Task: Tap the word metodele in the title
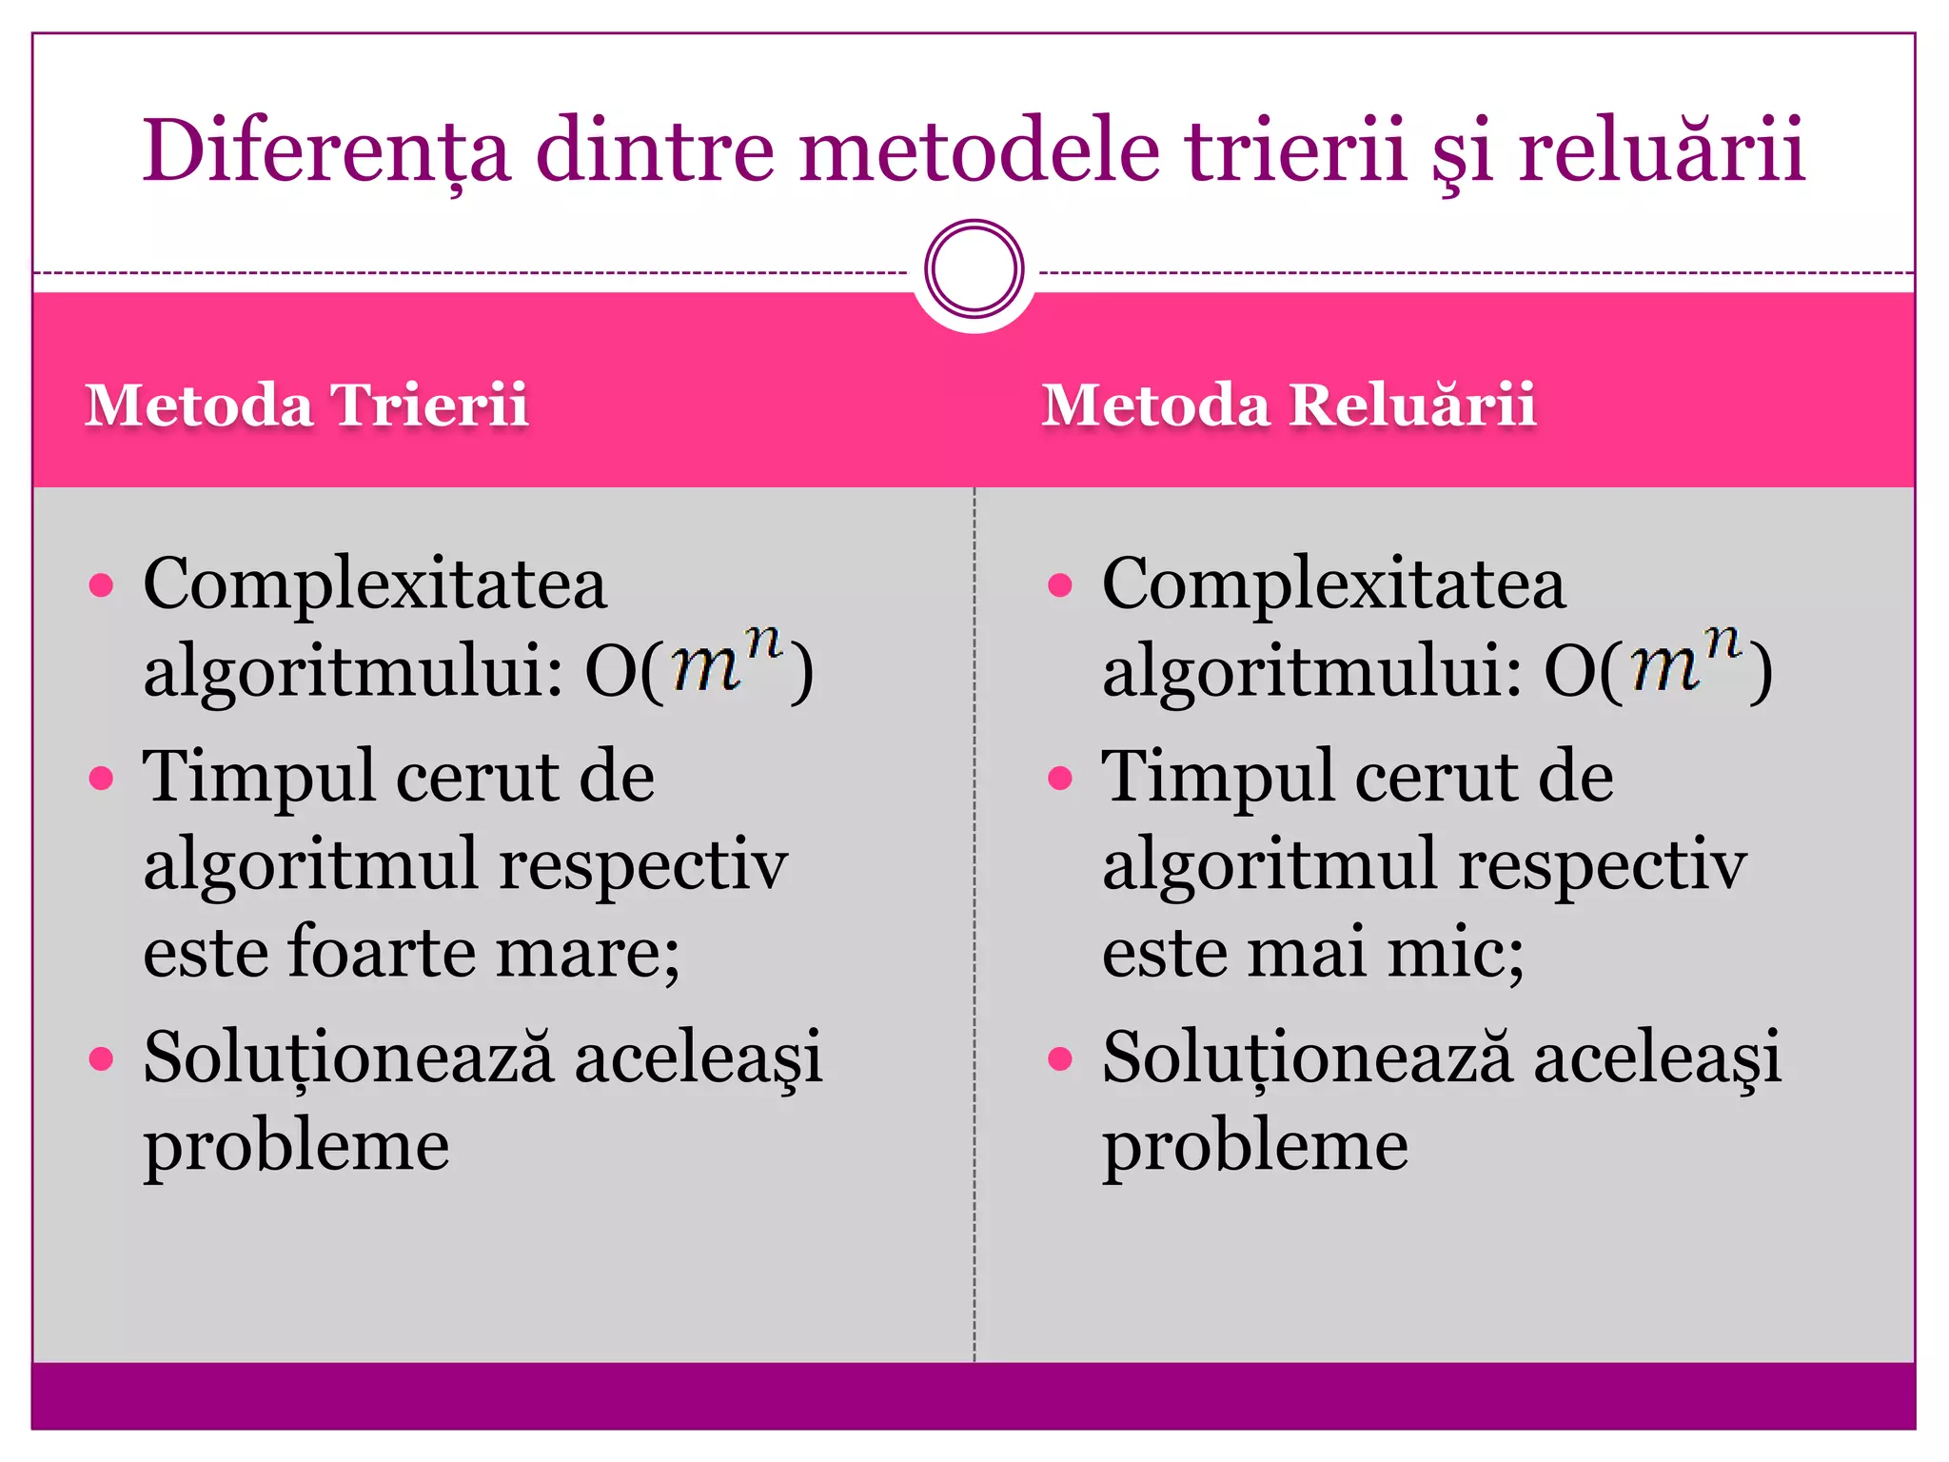(x=979, y=150)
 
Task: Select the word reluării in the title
(x=1661, y=150)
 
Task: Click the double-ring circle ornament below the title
(x=974, y=268)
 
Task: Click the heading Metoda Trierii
(x=306, y=405)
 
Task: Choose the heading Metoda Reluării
(x=1289, y=405)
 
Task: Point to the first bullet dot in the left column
(x=101, y=584)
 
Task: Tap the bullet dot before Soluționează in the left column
(x=101, y=1058)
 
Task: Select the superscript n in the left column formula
(x=762, y=644)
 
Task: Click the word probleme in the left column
(x=296, y=1145)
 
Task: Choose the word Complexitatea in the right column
(x=1333, y=583)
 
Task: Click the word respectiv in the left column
(x=643, y=866)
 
